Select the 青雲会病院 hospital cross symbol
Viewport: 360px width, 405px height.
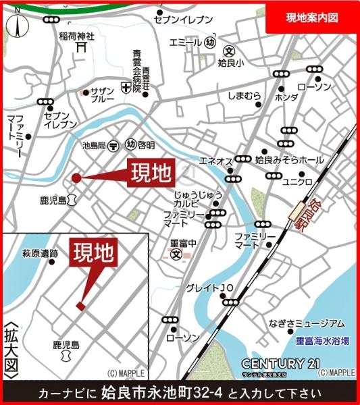pos(124,86)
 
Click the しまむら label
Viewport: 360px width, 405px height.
pos(244,96)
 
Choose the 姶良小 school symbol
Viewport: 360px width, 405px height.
pos(230,51)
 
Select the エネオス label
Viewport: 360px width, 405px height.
pos(216,161)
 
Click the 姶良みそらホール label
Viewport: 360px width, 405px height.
pos(289,160)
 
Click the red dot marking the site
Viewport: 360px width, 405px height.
pos(76,178)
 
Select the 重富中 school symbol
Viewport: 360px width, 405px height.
pos(176,254)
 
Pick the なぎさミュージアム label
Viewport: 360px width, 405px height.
pos(306,323)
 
